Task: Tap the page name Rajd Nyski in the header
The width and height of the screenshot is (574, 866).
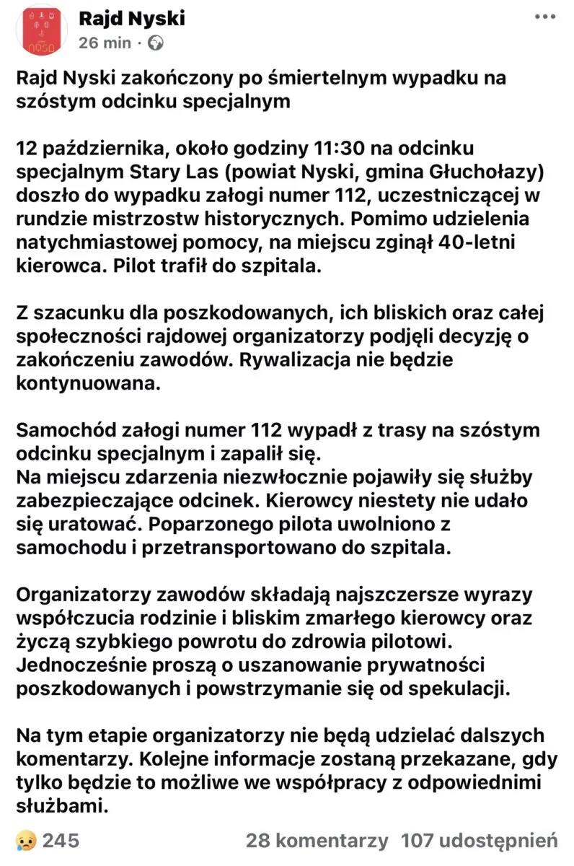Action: coord(131,18)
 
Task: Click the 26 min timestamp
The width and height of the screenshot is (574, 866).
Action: coord(105,43)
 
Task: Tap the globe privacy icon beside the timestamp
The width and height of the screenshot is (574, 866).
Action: coord(155,43)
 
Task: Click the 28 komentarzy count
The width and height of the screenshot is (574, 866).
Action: coord(317,840)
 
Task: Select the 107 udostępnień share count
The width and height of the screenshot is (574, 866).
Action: coord(479,840)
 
